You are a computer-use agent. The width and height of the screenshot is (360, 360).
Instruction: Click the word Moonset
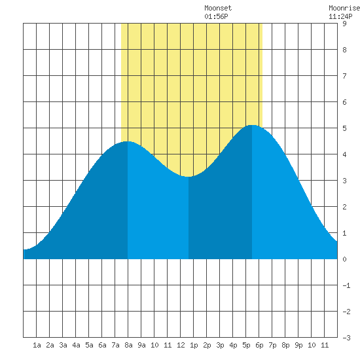point(218,8)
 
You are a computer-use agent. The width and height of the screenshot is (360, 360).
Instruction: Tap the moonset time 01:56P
point(216,16)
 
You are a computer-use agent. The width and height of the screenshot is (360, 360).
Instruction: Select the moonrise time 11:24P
point(340,16)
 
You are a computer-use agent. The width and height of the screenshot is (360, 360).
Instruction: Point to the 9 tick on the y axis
point(344,24)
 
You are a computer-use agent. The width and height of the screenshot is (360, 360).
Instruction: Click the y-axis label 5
point(344,128)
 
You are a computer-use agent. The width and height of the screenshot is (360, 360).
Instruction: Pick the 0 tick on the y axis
point(344,259)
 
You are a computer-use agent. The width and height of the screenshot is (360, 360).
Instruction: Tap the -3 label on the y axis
point(346,338)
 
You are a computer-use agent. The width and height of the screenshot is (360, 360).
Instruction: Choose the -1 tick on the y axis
point(346,285)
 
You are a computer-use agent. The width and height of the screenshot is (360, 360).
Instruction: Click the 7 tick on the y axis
point(344,76)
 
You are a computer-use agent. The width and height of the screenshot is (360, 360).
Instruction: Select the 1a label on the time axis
point(37,345)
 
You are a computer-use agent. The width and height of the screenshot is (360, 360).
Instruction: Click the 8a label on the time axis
point(128,345)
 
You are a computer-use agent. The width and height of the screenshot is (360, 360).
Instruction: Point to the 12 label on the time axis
point(181,345)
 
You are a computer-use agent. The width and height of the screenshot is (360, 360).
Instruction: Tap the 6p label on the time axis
point(259,345)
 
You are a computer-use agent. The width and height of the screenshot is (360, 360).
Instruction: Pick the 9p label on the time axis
point(298,345)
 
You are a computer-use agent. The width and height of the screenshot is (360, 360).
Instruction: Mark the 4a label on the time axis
point(76,345)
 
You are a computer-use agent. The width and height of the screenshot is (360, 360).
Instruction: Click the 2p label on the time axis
point(207,345)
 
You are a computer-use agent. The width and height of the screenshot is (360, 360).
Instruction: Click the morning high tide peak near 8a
point(128,141)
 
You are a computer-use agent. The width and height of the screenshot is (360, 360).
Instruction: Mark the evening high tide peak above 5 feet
point(252,126)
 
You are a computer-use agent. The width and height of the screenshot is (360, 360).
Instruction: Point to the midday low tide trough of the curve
point(189,177)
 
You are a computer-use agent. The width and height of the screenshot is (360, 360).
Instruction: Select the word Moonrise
point(344,8)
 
